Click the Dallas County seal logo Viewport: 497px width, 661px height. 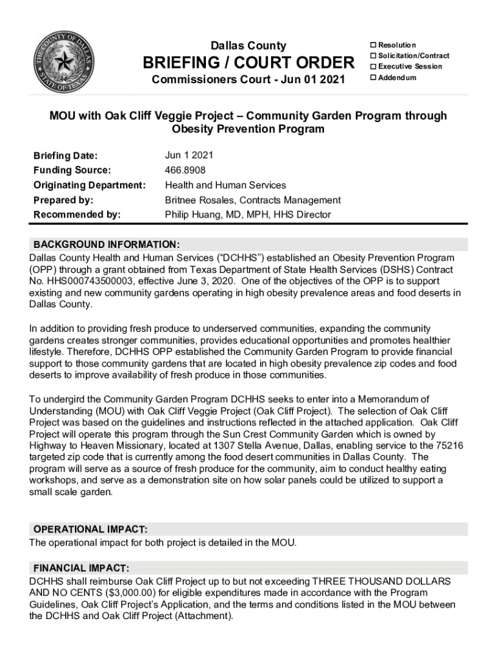(63, 63)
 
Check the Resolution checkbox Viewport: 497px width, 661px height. (372, 45)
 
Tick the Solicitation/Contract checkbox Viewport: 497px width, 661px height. (372, 56)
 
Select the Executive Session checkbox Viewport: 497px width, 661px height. (372, 66)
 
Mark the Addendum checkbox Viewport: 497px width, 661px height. (372, 77)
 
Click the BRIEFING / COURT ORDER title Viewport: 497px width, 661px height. (249, 63)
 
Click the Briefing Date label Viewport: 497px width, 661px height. (65, 156)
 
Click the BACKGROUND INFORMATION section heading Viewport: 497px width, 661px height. (106, 245)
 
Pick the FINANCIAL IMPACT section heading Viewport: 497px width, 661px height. (82, 568)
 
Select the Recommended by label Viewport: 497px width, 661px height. (77, 215)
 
